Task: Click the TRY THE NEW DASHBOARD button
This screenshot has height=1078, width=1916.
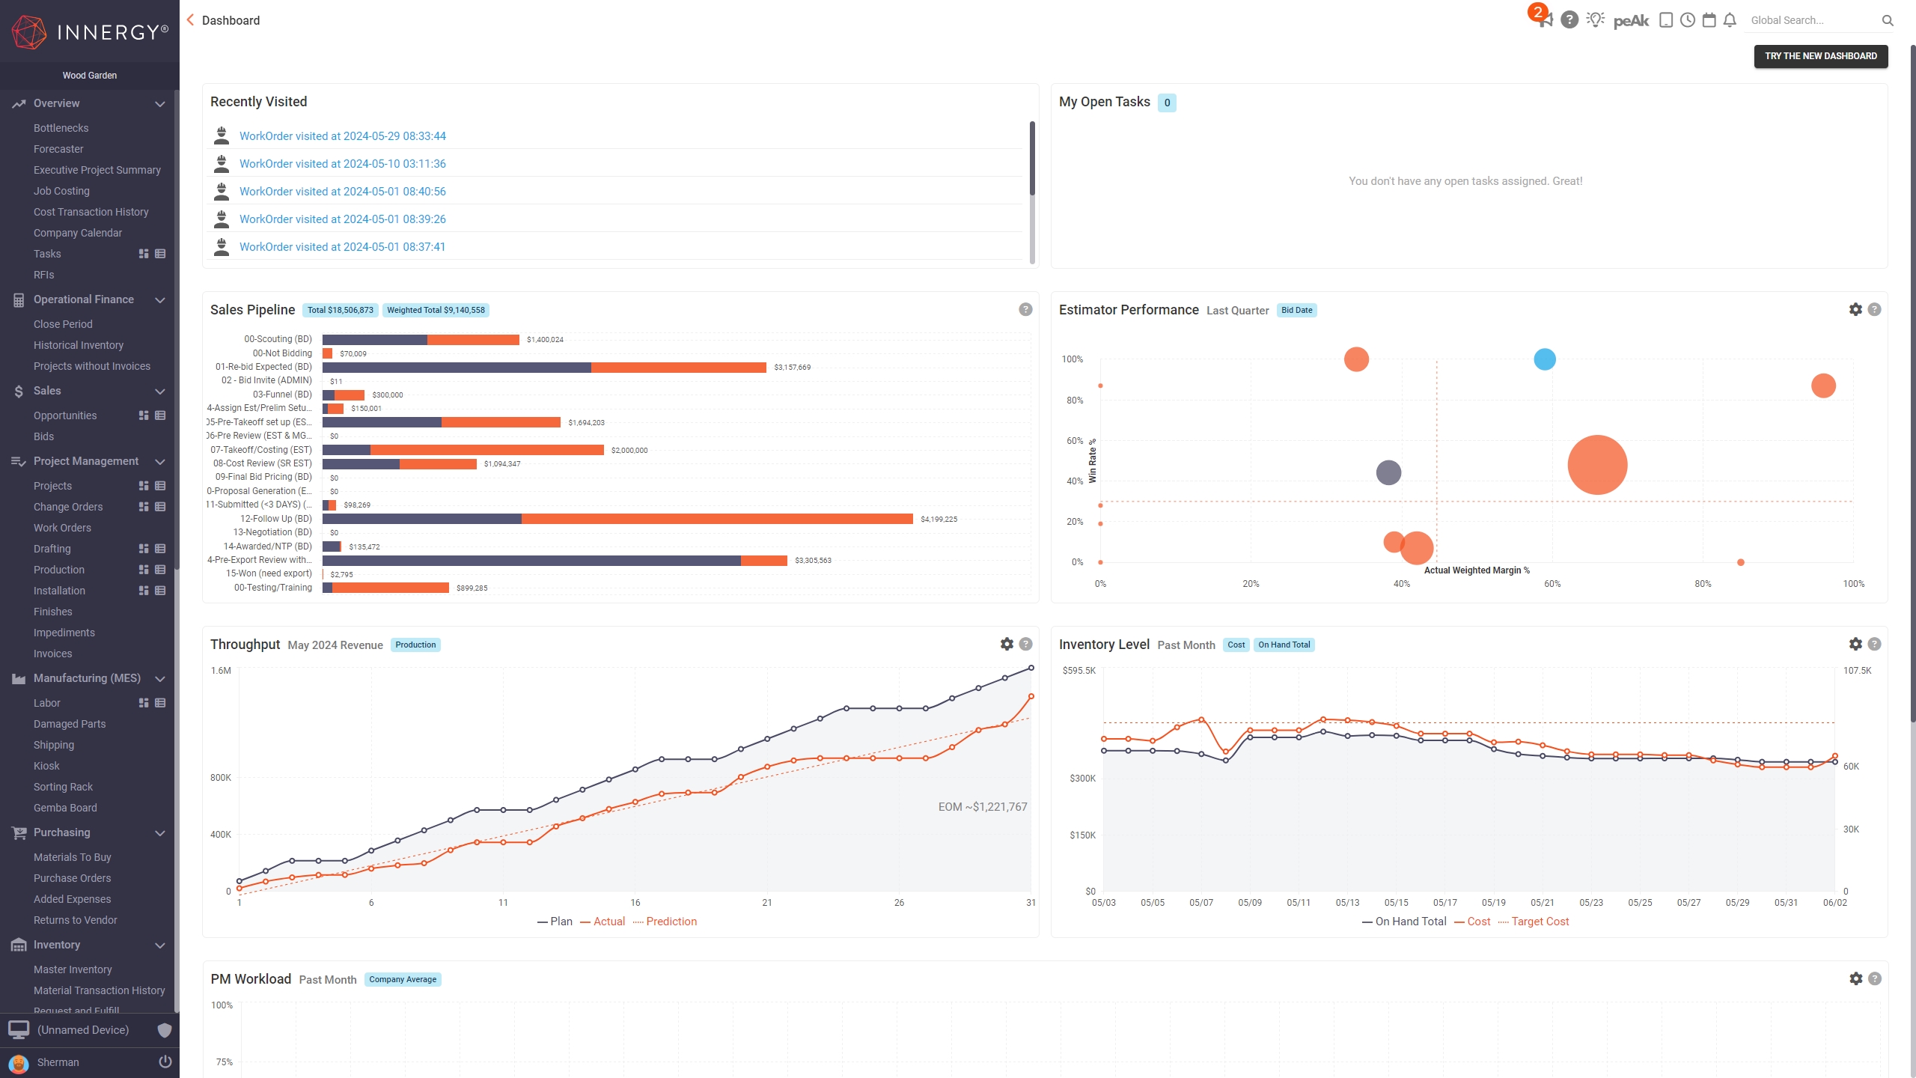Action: point(1820,56)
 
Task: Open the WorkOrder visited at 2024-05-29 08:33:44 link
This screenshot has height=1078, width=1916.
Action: point(342,136)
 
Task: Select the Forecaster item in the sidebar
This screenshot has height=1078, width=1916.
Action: point(58,149)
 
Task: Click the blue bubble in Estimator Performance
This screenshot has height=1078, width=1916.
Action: point(1544,359)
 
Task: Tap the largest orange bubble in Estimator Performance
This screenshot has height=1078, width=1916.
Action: point(1597,465)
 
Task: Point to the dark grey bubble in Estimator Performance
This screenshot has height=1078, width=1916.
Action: point(1388,472)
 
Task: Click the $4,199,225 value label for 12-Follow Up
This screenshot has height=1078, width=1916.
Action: point(939,520)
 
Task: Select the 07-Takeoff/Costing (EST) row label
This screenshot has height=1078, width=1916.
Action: point(261,450)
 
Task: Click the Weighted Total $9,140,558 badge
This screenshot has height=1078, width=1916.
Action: point(436,310)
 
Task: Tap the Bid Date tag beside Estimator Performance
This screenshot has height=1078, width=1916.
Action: point(1296,310)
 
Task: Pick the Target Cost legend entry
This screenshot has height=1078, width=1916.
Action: point(1540,922)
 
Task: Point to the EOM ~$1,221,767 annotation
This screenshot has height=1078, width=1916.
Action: point(982,807)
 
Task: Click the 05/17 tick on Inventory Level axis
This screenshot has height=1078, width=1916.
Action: point(1444,903)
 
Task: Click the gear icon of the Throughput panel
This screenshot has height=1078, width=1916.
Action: point(1007,644)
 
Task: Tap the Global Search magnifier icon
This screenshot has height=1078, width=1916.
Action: point(1888,21)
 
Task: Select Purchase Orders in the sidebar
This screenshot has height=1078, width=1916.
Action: point(72,878)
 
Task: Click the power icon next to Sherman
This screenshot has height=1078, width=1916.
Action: point(165,1062)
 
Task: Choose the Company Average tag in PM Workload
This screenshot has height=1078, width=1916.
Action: point(402,979)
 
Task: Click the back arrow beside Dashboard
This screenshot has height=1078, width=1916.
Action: point(190,20)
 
